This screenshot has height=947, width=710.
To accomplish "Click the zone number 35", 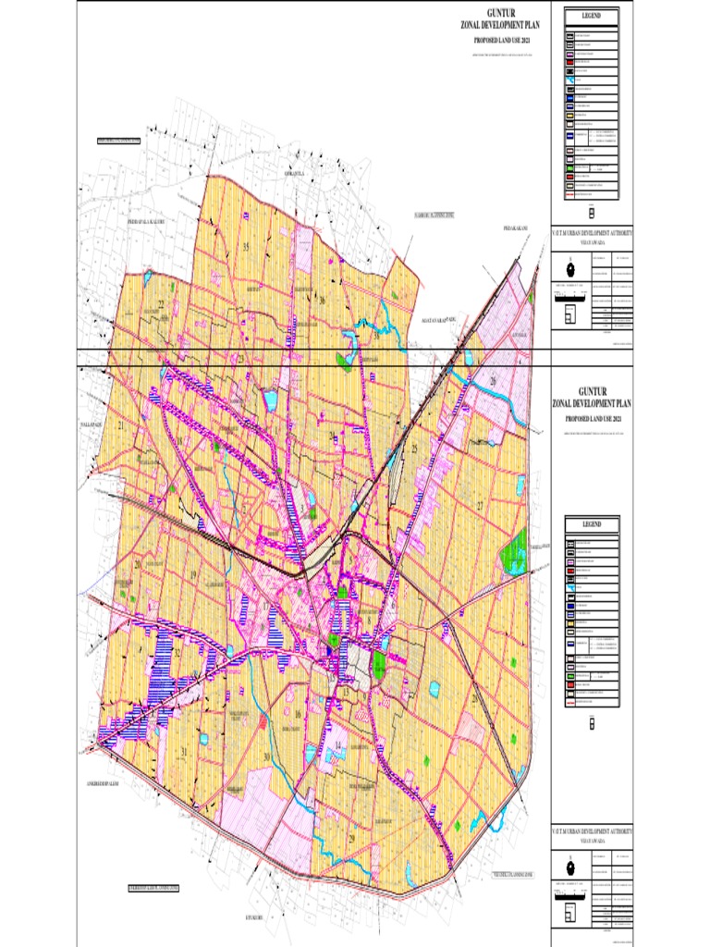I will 247,247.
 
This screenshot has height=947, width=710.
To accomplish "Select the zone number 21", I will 121,425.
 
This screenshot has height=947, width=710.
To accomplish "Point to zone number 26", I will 493,381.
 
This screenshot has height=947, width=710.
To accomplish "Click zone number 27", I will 481,505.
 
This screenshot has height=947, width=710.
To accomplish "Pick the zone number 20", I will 137,564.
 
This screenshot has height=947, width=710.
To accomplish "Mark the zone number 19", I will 193,574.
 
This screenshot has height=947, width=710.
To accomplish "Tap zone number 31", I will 184,750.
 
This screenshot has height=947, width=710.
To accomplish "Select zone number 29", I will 352,836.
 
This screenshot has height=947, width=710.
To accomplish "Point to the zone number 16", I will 298,714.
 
